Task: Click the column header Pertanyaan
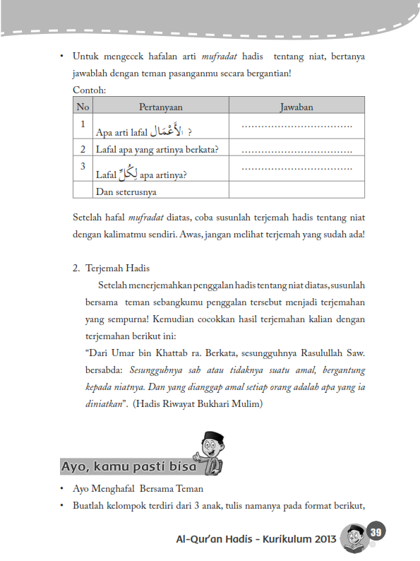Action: [x=160, y=107]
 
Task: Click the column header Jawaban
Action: [x=296, y=107]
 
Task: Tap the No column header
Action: [x=83, y=107]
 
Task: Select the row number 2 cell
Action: [x=83, y=149]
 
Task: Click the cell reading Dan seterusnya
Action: [x=127, y=191]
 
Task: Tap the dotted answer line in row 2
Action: [x=296, y=150]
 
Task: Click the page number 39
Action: [x=375, y=531]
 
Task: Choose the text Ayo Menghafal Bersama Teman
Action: [x=143, y=488]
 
